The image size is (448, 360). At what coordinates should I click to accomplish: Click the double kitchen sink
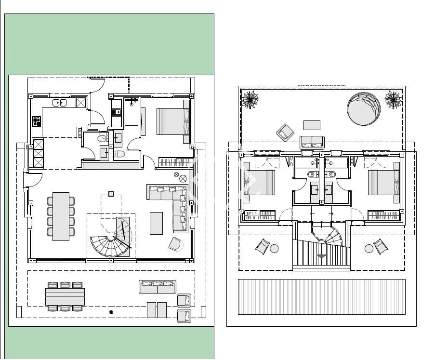[x=60, y=102]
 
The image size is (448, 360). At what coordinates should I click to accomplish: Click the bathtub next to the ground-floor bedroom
[x=132, y=112]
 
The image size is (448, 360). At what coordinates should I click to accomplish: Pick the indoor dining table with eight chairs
[x=61, y=216]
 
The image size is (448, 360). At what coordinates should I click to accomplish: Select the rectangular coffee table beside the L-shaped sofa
[x=156, y=223]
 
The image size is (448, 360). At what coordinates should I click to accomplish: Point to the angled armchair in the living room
[x=176, y=244]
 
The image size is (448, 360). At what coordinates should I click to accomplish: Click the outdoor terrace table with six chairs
[x=65, y=296]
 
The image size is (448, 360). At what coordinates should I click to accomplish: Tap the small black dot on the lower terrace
[x=111, y=313]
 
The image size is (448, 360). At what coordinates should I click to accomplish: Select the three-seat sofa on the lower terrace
[x=157, y=287]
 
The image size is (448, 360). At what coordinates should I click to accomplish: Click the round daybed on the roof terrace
[x=364, y=108]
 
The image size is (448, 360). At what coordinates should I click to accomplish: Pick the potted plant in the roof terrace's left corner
[x=250, y=100]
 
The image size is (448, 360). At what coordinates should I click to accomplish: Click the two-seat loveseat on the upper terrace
[x=312, y=142]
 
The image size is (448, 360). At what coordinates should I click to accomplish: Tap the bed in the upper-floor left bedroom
[x=259, y=183]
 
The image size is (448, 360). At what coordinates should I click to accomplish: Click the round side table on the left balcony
[x=274, y=249]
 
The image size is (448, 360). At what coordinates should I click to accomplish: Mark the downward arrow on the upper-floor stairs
[x=321, y=257]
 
